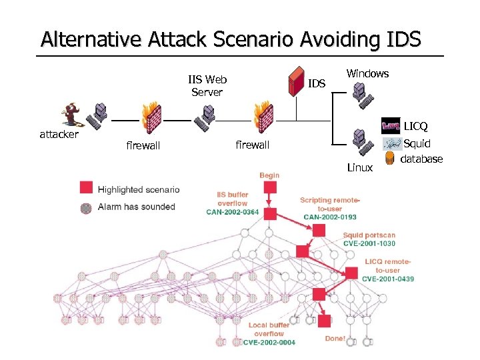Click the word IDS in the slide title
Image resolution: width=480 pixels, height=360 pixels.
[x=403, y=39]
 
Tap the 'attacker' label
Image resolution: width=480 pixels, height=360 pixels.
[x=59, y=134]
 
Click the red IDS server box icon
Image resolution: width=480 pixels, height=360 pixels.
[x=295, y=82]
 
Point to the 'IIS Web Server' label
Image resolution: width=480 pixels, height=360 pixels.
[x=207, y=86]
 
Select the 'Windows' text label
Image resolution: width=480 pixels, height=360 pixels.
[x=367, y=73]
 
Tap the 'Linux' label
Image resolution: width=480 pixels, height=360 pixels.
[x=360, y=167]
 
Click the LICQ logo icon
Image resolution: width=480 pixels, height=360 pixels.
[x=391, y=125]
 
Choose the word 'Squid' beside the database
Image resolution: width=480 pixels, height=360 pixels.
[x=417, y=143]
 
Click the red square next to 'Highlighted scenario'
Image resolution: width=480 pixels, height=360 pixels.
[x=86, y=187]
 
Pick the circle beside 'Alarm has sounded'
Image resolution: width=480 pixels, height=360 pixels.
[x=86, y=207]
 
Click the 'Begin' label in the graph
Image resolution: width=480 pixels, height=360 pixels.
[x=269, y=175]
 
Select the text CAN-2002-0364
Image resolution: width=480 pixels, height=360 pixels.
[x=233, y=213]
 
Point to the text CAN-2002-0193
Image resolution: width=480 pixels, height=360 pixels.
[x=330, y=217]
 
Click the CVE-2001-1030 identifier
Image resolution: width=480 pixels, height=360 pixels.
[x=369, y=244]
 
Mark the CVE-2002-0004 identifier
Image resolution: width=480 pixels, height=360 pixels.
[x=269, y=342]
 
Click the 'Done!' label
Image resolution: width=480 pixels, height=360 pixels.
[x=335, y=338]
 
